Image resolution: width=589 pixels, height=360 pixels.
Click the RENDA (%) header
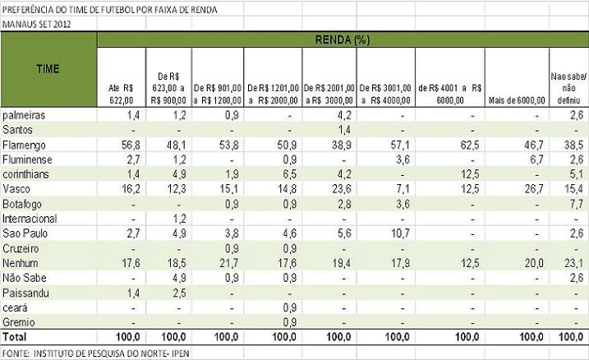point(342,39)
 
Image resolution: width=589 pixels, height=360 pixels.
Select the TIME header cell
point(48,69)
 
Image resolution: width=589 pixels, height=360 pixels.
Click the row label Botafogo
point(22,203)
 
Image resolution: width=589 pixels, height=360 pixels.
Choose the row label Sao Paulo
point(25,233)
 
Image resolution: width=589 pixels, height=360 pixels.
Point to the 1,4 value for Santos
point(344,129)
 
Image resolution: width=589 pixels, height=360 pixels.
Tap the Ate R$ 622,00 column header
point(120,93)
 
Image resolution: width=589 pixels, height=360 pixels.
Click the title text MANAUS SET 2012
point(36,24)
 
